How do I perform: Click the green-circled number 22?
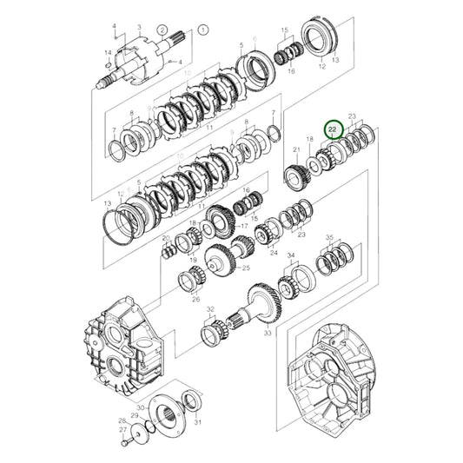pos(331,128)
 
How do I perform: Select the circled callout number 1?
pos(203,29)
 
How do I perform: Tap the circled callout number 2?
pos(162,30)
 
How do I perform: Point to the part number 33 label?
pos(268,333)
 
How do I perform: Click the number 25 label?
pos(246,269)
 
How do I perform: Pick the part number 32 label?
pos(210,309)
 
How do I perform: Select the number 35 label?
pos(329,237)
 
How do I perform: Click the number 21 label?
pos(296,150)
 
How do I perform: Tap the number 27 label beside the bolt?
pos(122,429)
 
